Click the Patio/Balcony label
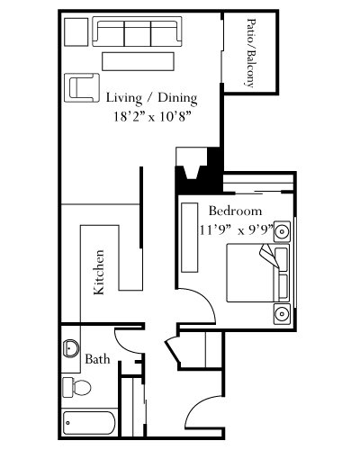[251, 53]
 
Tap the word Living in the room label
[124, 98]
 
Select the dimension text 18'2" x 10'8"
[153, 116]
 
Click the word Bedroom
[235, 211]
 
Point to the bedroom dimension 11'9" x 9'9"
[237, 230]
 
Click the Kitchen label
[99, 272]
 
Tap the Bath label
[97, 359]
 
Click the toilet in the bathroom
[76, 387]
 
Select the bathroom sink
[71, 348]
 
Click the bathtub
[89, 423]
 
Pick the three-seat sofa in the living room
[137, 31]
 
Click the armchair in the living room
[82, 87]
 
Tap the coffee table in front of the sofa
[138, 61]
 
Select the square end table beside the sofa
[76, 31]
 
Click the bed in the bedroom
[258, 273]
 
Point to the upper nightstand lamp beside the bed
[282, 231]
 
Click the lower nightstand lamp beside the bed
[282, 314]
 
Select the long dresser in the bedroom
[190, 238]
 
